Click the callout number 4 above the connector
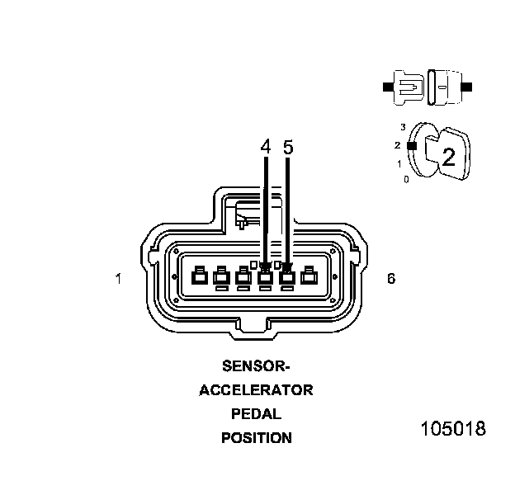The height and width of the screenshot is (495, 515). tap(265, 147)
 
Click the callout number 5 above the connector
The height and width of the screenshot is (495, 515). tap(287, 147)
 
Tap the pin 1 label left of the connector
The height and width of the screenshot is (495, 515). tap(119, 279)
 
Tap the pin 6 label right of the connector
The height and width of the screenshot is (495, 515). tap(391, 279)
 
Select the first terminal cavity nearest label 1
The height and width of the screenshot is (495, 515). tap(199, 278)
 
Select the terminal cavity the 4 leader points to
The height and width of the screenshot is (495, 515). tap(265, 278)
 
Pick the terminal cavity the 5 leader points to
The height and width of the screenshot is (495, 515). tap(287, 278)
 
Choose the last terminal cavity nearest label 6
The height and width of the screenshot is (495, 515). tap(309, 278)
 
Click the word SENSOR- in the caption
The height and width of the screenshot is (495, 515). tap(256, 365)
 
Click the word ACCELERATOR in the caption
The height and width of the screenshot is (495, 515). tap(256, 390)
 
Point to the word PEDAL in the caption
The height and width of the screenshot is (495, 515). tap(256, 414)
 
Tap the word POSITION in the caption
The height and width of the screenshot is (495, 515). tap(256, 438)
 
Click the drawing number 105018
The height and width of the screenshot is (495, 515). tap(453, 430)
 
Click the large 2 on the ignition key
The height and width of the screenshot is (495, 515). tap(449, 158)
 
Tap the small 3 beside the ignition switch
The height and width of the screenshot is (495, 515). tap(403, 127)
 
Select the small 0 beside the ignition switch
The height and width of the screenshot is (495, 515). tap(406, 179)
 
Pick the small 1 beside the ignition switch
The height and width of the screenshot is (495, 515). tap(399, 164)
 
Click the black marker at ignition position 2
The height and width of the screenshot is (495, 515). tap(411, 145)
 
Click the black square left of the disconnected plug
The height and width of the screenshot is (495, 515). tap(386, 86)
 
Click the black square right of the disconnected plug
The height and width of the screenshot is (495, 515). tap(468, 86)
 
